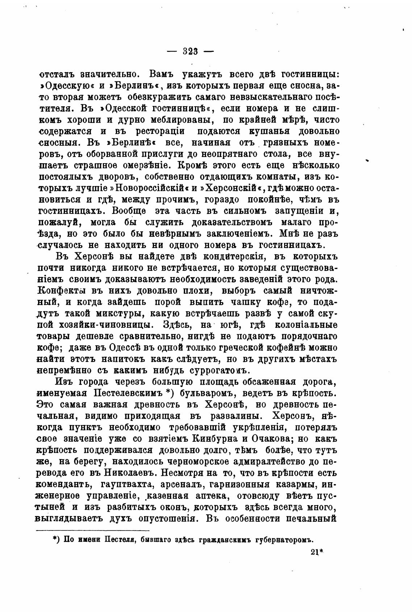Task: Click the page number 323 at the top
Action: click(x=190, y=51)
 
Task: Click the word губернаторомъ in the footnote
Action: click(x=278, y=539)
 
